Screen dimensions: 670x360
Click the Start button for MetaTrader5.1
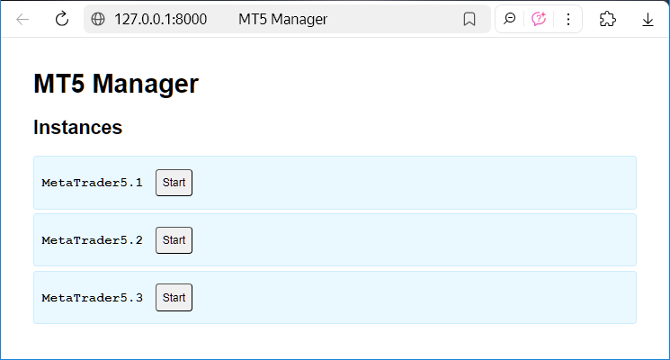tap(174, 183)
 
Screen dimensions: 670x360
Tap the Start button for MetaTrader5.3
tap(174, 298)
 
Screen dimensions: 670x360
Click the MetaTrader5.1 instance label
tap(92, 183)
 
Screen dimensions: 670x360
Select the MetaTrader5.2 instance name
tap(92, 240)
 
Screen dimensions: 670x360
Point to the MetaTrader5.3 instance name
tap(92, 298)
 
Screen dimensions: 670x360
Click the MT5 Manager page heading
tap(116, 84)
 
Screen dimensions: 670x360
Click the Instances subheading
tap(77, 127)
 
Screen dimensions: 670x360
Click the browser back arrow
tap(22, 19)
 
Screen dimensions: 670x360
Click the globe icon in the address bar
tap(98, 19)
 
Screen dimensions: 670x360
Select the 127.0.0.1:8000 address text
tap(161, 19)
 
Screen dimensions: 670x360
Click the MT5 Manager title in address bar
tap(283, 19)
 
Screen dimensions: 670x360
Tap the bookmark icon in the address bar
tap(469, 19)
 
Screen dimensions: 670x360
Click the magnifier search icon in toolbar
tap(509, 19)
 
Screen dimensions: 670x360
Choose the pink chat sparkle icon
tap(539, 19)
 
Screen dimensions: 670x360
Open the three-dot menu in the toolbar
tap(568, 19)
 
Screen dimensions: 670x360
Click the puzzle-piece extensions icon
tap(608, 19)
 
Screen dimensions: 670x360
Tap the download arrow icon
tap(648, 20)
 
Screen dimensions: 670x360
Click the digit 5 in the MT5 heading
tap(77, 84)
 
